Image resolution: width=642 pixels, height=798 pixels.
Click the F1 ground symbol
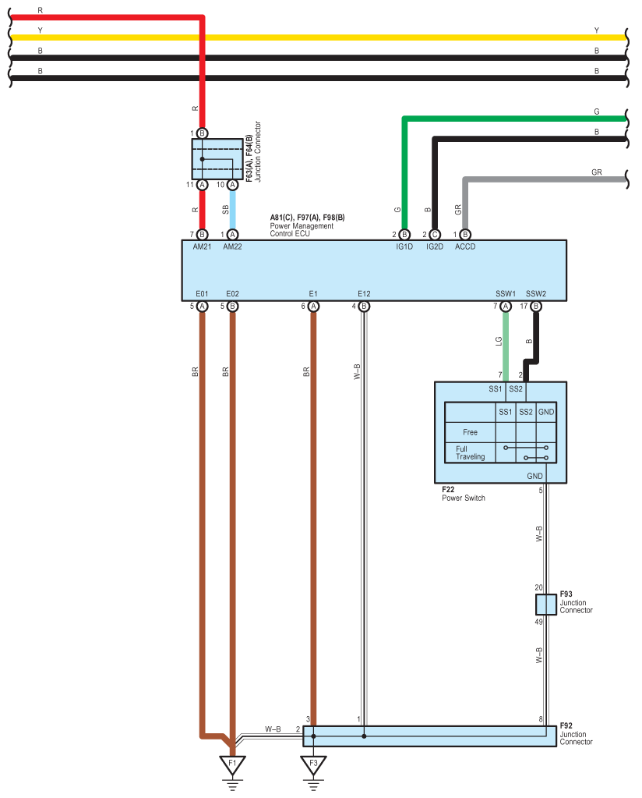231,764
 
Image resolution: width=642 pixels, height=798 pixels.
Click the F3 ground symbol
313,764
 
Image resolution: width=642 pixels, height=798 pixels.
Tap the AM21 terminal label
202,246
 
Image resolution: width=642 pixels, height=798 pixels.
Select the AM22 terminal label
232,246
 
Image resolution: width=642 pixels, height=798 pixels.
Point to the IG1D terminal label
404,246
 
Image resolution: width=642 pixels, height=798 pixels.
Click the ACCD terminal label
465,246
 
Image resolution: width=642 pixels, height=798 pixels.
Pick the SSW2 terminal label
536,294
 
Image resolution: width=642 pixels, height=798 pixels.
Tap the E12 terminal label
364,294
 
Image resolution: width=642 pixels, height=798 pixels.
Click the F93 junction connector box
546,604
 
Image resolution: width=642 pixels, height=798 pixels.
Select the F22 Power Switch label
463,494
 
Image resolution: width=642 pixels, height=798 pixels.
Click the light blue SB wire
232,209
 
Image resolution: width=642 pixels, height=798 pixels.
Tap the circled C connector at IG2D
435,234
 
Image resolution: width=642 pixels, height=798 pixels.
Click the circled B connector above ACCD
465,234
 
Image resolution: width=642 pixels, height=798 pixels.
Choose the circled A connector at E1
313,307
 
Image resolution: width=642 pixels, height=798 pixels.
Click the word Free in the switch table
470,432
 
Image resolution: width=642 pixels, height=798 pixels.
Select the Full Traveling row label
471,452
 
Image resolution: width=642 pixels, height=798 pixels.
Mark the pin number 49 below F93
538,622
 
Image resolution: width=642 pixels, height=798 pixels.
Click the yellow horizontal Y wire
312,37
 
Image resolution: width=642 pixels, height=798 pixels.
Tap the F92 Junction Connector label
576,733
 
